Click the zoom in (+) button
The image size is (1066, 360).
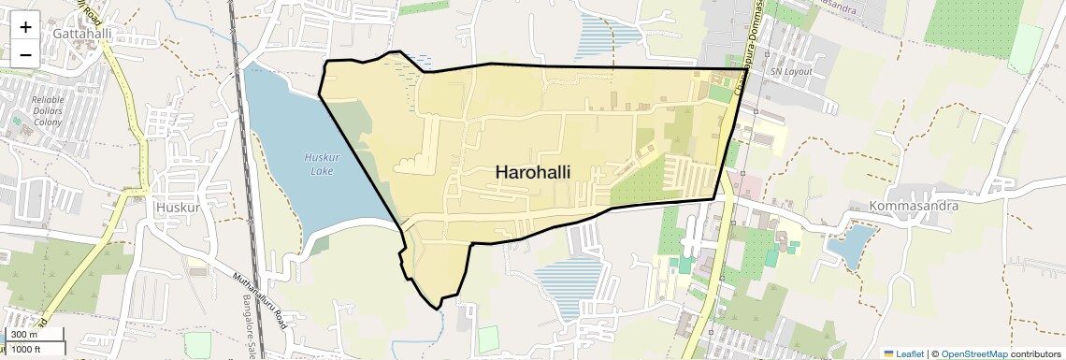pos(25,27)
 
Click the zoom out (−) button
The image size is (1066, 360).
pos(25,54)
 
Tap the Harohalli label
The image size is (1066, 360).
pos(532,172)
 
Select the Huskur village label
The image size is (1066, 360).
pos(178,207)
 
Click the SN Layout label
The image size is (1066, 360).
pos(790,72)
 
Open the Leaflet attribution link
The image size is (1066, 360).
pos(909,354)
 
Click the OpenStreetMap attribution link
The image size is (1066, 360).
pos(973,354)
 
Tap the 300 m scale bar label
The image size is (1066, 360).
pos(24,335)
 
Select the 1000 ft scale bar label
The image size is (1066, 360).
pos(30,349)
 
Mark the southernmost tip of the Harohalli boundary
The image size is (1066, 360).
pos(437,309)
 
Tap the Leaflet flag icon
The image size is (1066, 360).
pos(889,354)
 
